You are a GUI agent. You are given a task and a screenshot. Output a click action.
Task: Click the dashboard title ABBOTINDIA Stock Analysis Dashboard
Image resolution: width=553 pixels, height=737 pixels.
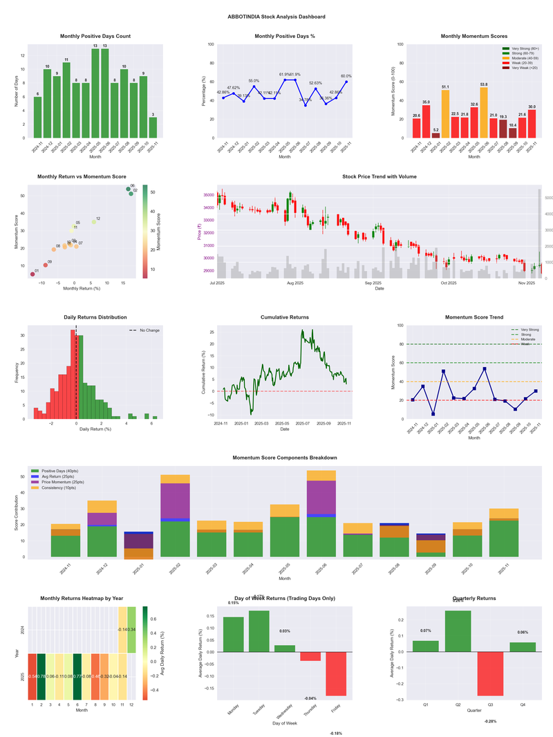pos(276,16)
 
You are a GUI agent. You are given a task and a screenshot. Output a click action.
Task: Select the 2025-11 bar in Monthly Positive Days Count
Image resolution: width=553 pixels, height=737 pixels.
pos(153,127)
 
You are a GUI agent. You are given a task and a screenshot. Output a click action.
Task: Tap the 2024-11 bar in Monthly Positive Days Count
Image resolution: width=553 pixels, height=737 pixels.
pos(37,117)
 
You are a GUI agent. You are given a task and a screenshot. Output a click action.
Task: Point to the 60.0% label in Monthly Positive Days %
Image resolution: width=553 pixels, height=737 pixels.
pos(346,77)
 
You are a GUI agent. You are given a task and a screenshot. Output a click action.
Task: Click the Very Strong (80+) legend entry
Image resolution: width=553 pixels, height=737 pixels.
pos(519,48)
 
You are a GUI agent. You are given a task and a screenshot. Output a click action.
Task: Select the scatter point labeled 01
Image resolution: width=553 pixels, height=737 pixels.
pos(32,274)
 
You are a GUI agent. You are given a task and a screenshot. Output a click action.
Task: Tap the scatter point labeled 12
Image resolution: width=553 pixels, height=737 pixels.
pos(94,222)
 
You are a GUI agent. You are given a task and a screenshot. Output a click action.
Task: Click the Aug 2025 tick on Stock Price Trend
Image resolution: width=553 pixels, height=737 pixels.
pos(295,283)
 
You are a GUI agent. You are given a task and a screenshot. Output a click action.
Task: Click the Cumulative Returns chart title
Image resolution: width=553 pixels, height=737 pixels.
pos(285,317)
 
